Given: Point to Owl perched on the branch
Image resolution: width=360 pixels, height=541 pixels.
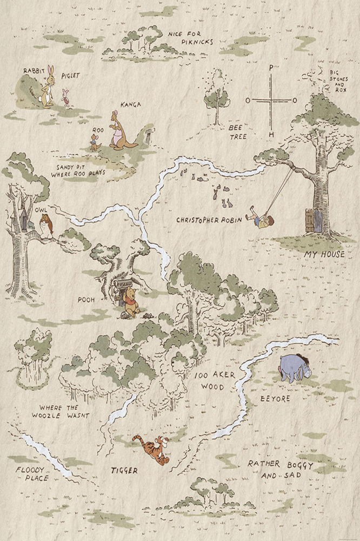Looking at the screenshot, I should point(48,226).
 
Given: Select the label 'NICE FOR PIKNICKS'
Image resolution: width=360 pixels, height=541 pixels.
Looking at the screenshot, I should point(191,37).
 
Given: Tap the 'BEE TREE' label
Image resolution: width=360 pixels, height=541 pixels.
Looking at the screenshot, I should point(237,132).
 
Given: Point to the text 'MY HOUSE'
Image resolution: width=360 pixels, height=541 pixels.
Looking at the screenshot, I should point(324,254).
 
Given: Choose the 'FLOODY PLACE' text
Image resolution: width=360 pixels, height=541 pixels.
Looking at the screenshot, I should point(32,474).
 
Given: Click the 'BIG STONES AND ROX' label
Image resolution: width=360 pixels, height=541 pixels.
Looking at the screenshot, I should point(339,78).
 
